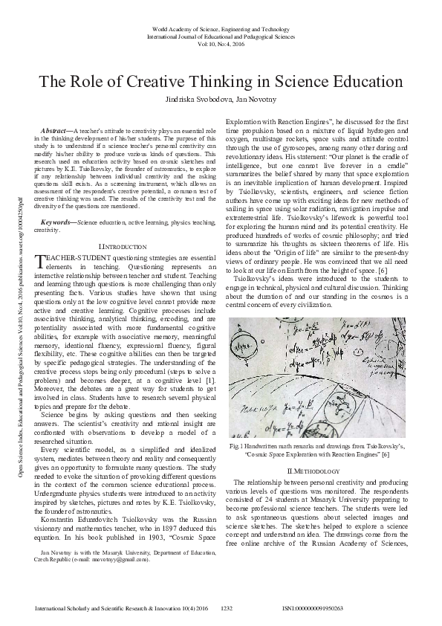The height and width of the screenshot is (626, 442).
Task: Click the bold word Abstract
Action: pos(53,131)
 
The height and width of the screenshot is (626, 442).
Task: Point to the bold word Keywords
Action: pos(58,201)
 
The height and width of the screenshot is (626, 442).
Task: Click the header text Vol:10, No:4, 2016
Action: pos(221,44)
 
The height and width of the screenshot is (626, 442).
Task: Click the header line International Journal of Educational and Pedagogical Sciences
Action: pos(221,36)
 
